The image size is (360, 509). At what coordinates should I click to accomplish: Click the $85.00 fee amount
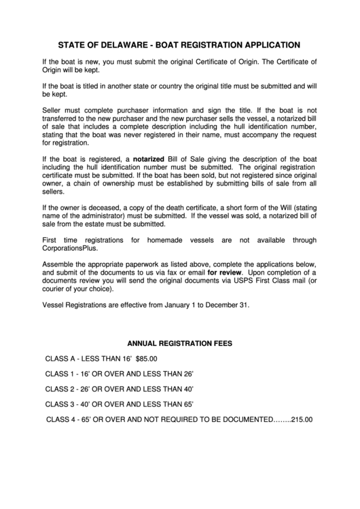coord(147,358)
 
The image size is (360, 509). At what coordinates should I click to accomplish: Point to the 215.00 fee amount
coord(302,419)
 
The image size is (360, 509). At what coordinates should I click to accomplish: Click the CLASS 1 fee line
coord(120,374)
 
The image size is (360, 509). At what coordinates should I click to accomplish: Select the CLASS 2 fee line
coord(120,389)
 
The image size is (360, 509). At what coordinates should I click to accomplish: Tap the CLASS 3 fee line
coord(120,404)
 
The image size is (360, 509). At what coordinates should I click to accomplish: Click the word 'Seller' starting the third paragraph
coord(52,110)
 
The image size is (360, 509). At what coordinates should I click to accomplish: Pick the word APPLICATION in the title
coord(262,45)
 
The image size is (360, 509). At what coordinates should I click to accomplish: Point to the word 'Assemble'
coord(59,263)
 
